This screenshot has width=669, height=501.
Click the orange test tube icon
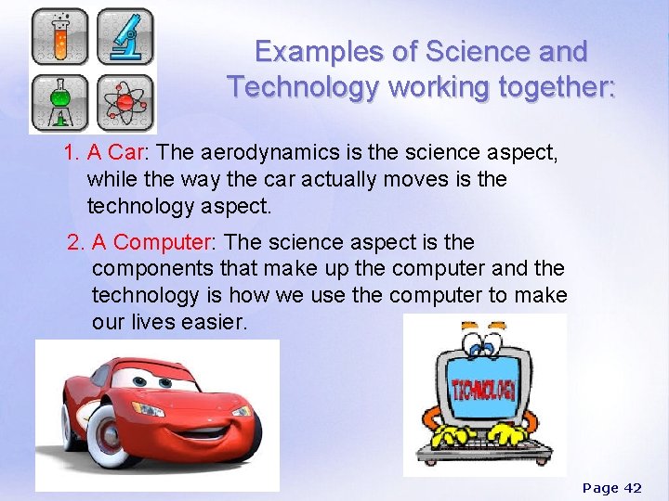[x=59, y=36]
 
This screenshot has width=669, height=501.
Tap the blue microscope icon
[x=125, y=36]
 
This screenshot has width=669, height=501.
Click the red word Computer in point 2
[x=163, y=243]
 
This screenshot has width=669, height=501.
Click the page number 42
[x=632, y=488]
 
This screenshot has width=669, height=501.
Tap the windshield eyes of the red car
[x=159, y=379]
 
